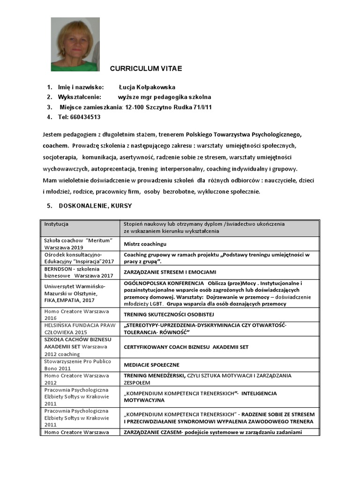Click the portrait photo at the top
75,44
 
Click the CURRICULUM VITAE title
146,68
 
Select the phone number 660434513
85,117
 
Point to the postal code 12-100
134,107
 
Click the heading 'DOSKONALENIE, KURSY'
95,206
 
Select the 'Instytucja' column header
57,224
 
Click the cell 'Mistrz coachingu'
145,244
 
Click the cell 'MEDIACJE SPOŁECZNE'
151,365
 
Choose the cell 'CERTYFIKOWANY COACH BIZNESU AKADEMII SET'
186,347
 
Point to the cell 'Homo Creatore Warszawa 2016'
76,314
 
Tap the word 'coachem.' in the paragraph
55,145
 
